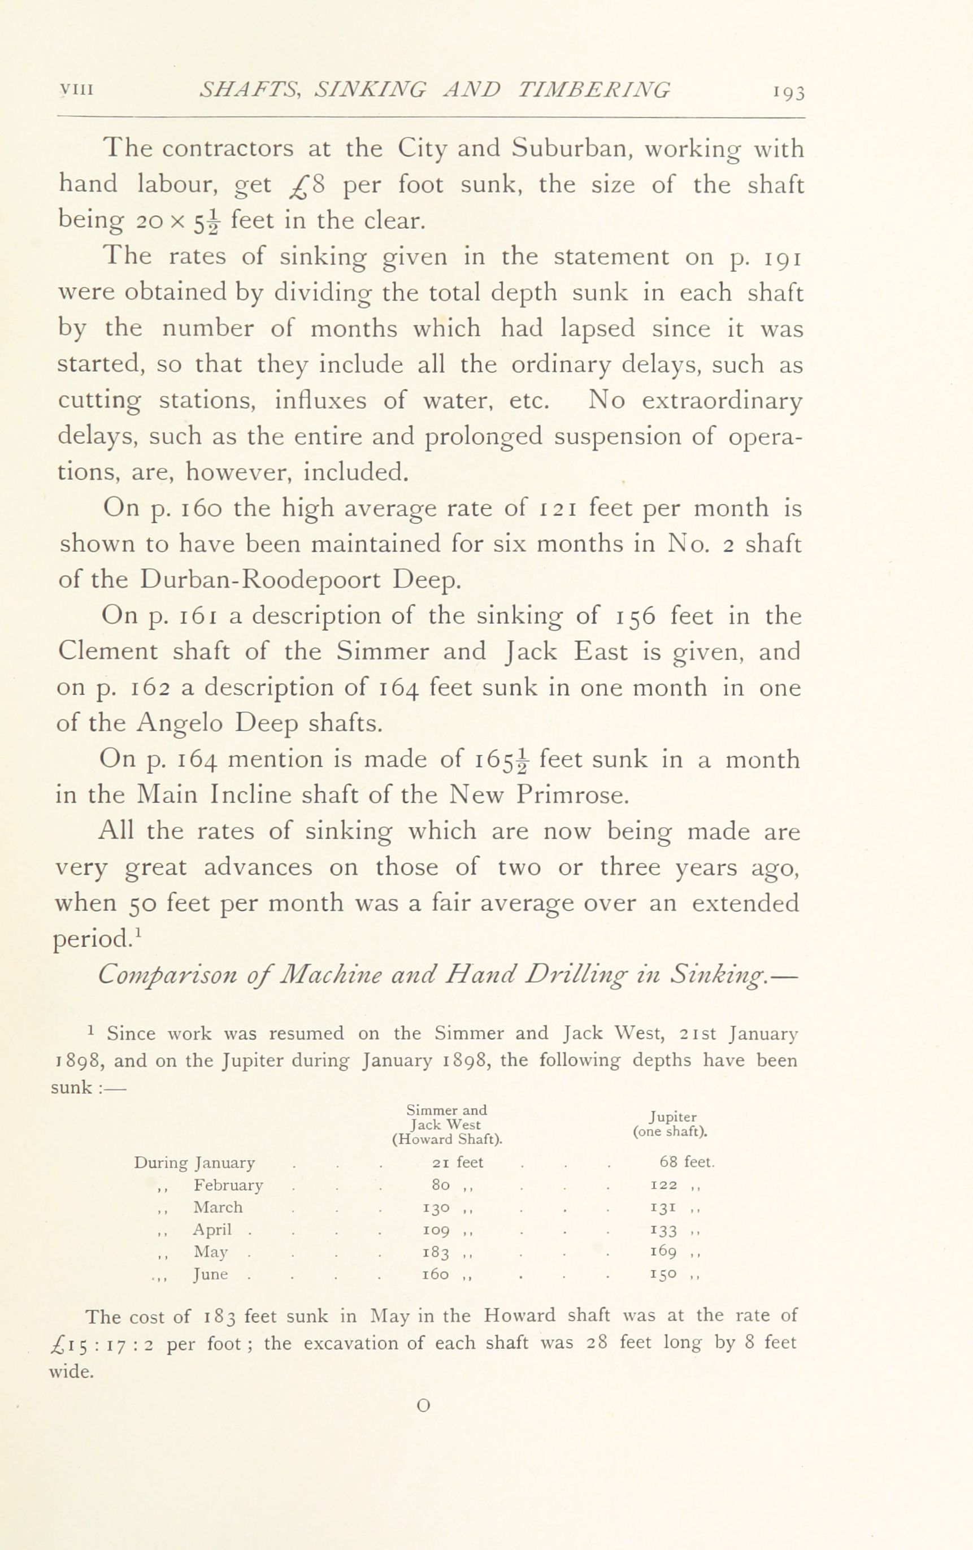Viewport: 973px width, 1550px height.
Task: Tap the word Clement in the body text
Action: click(x=108, y=651)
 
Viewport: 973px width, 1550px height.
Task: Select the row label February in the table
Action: click(x=228, y=1185)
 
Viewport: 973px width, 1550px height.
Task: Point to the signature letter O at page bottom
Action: click(x=423, y=1406)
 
